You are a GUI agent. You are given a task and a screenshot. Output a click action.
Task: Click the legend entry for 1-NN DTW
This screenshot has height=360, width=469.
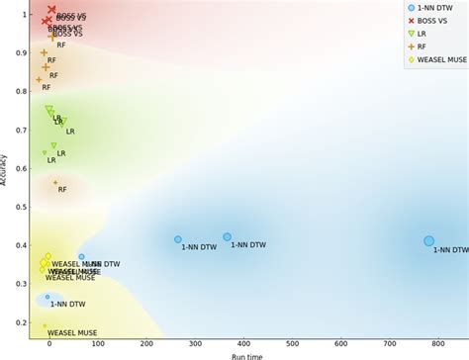tap(435, 8)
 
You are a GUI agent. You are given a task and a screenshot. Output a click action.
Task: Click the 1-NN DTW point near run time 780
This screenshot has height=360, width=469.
tap(428, 241)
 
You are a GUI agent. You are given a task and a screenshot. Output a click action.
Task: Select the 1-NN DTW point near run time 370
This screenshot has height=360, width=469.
tap(227, 237)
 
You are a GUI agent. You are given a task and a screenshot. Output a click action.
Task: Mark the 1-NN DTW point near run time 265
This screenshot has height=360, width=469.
tap(178, 239)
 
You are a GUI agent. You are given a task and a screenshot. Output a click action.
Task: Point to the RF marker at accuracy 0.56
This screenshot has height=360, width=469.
tap(55, 183)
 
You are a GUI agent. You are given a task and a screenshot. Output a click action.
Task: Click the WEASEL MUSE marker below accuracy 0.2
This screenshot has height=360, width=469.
tap(45, 325)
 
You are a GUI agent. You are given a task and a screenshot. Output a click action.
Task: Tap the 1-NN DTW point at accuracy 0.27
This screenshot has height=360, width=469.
tap(47, 297)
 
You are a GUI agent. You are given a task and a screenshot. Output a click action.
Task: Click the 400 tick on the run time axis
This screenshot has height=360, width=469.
tap(243, 344)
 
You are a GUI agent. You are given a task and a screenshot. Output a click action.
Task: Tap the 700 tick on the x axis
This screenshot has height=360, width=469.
tap(390, 344)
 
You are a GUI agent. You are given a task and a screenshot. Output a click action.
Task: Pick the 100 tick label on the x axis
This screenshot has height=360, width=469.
tap(98, 344)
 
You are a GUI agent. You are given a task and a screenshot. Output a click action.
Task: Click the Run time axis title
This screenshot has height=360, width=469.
tap(246, 356)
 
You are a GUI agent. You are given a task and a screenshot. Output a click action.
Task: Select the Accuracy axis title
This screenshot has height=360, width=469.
tap(5, 169)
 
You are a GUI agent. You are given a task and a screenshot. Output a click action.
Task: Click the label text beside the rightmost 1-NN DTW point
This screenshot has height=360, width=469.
tap(450, 251)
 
